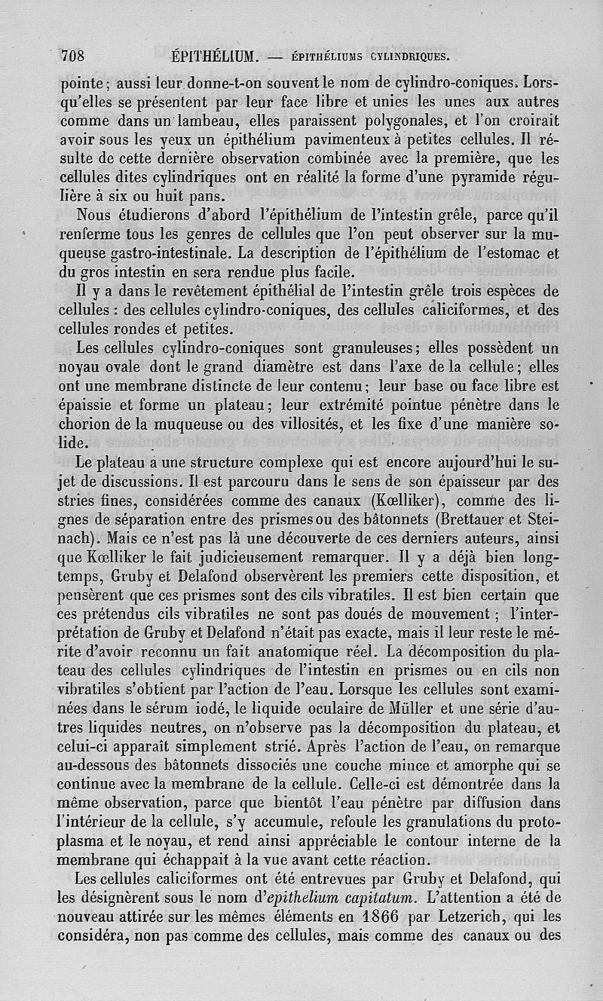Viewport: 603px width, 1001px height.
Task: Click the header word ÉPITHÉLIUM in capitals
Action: click(x=215, y=56)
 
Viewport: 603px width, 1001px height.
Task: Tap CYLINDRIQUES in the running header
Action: click(x=408, y=56)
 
